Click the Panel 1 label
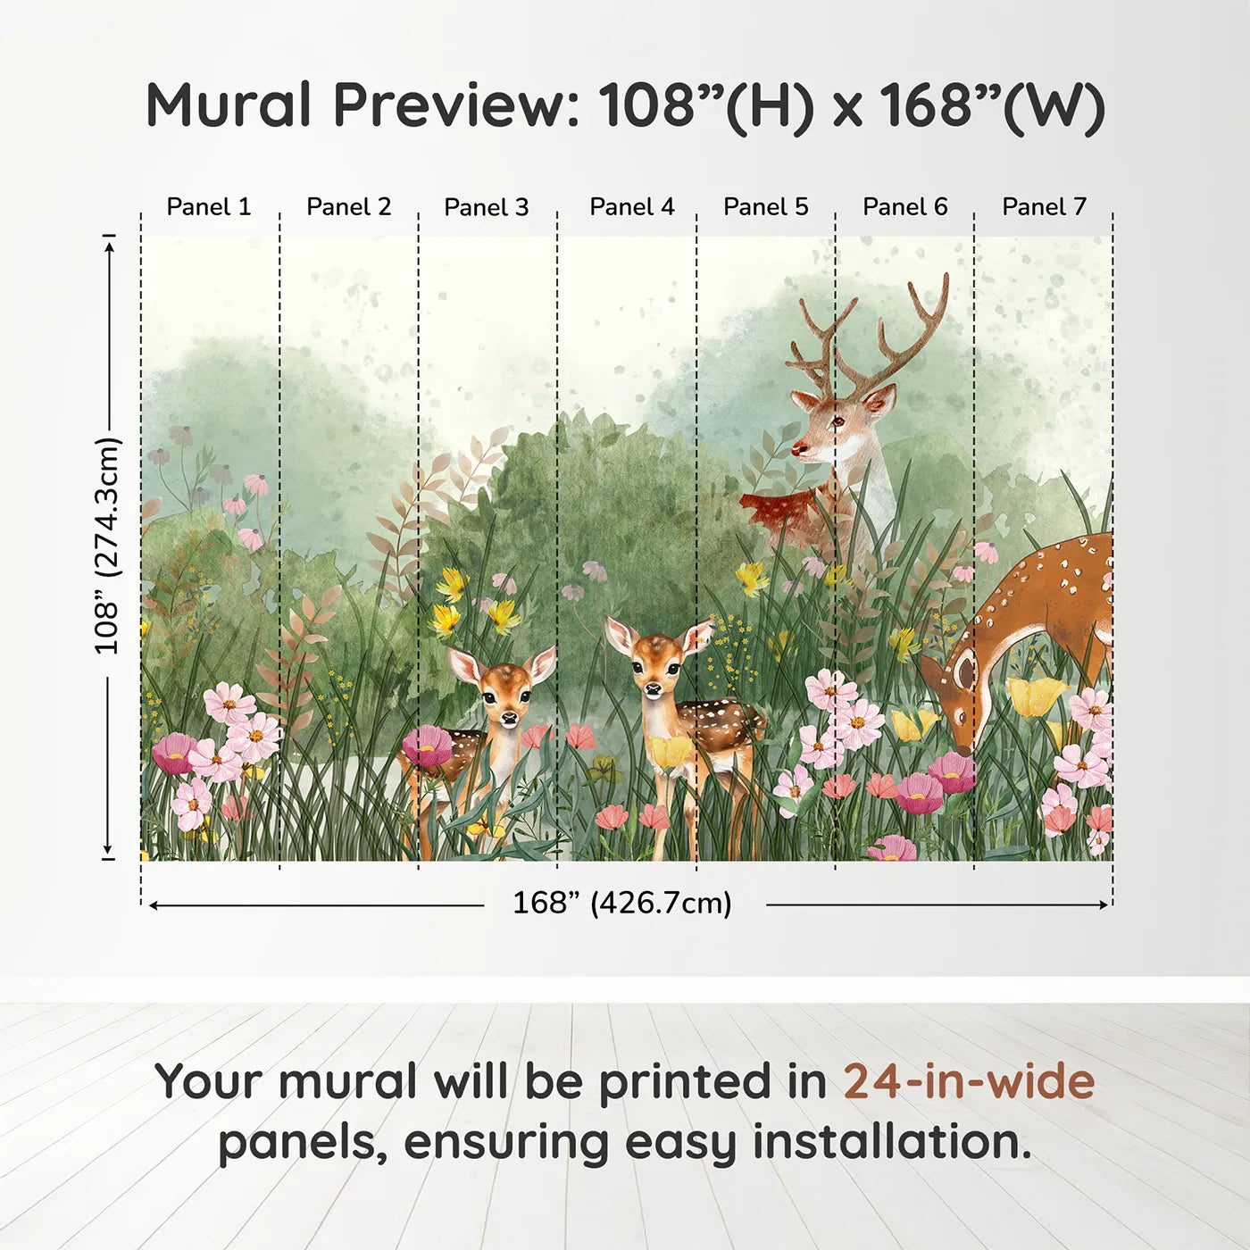click(x=209, y=207)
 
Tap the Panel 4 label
click(x=631, y=207)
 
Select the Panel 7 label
click(x=1044, y=207)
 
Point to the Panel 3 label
click(x=487, y=207)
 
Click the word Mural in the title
click(x=229, y=105)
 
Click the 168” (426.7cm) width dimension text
click(x=622, y=904)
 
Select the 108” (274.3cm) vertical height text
click(x=107, y=546)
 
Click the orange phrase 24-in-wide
click(x=969, y=1082)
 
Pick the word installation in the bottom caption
click(x=892, y=1142)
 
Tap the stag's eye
click(x=837, y=420)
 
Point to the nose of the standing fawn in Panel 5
click(x=654, y=689)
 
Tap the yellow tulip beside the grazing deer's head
click(x=1036, y=696)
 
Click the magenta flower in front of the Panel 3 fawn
click(x=427, y=746)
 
